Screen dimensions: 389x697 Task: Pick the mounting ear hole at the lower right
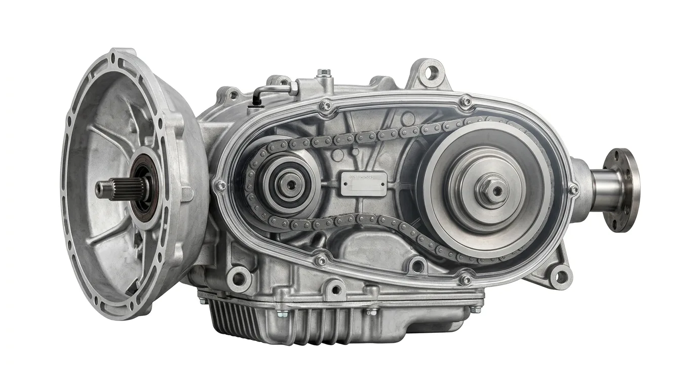(560, 277)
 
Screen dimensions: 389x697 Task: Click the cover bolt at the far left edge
(220, 186)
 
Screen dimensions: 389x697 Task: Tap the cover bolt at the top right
(466, 103)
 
